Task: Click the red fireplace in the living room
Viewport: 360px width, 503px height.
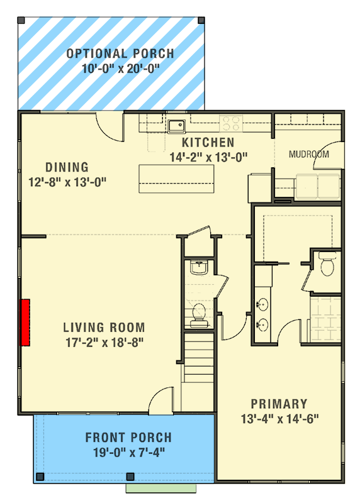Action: pyautogui.click(x=26, y=323)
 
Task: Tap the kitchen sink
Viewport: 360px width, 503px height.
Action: pyautogui.click(x=176, y=124)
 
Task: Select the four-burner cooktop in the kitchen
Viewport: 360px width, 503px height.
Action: pyautogui.click(x=230, y=123)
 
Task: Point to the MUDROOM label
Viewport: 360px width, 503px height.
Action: pyautogui.click(x=308, y=154)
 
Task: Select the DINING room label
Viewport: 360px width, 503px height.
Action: pyautogui.click(x=67, y=167)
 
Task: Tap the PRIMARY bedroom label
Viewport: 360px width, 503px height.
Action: pyautogui.click(x=279, y=404)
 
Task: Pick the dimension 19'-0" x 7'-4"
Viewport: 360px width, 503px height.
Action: pyautogui.click(x=128, y=451)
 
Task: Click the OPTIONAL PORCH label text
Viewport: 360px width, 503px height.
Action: pyautogui.click(x=120, y=53)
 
